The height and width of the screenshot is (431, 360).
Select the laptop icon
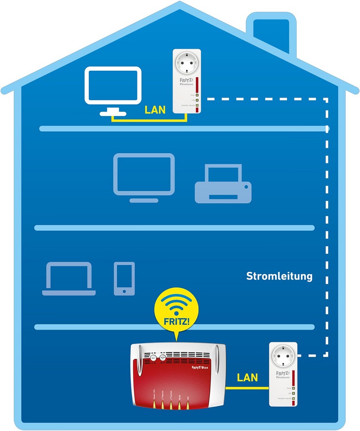(x=69, y=280)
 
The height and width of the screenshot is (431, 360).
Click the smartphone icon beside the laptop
(x=124, y=279)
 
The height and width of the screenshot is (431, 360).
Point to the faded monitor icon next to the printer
(x=144, y=175)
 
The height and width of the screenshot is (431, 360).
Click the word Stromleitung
(x=279, y=276)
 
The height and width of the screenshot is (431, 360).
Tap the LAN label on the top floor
(x=155, y=110)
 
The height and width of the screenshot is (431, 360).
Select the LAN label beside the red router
(x=247, y=378)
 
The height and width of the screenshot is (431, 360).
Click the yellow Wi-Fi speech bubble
(x=174, y=309)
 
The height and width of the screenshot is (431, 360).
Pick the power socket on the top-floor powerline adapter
(x=187, y=64)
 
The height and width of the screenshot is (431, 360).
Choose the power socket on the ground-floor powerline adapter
(x=283, y=356)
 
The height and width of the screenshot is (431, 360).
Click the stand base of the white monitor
(x=113, y=113)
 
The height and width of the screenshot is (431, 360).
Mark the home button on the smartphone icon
(x=124, y=291)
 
